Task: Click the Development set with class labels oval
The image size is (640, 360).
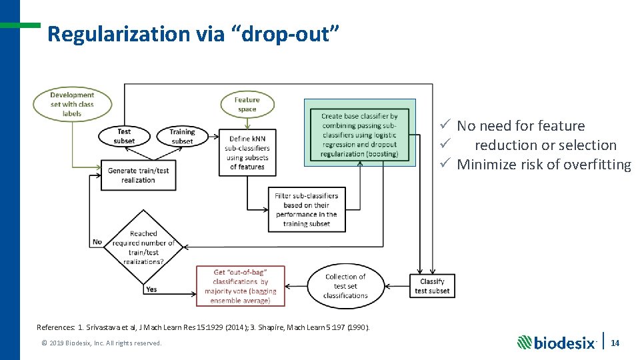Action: click(x=72, y=105)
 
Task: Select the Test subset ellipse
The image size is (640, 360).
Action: click(x=124, y=136)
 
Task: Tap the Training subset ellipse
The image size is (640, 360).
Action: click(x=182, y=136)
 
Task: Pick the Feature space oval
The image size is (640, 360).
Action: click(x=247, y=105)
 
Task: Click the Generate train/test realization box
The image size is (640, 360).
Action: click(x=139, y=175)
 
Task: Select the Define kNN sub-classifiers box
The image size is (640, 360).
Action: click(x=247, y=153)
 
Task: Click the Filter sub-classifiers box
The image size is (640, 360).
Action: click(x=307, y=210)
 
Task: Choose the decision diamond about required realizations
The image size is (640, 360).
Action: click(x=143, y=247)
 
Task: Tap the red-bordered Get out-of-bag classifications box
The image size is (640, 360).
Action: click(x=241, y=286)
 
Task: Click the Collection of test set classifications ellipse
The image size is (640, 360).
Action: click(x=345, y=286)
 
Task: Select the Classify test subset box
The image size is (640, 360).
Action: click(x=432, y=286)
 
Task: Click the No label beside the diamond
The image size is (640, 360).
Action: click(x=97, y=242)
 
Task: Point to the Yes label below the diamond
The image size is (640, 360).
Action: click(x=151, y=289)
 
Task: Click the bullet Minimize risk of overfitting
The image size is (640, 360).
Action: click(x=543, y=165)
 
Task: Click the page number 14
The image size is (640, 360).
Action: click(x=615, y=343)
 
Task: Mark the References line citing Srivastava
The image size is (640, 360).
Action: click(x=203, y=327)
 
